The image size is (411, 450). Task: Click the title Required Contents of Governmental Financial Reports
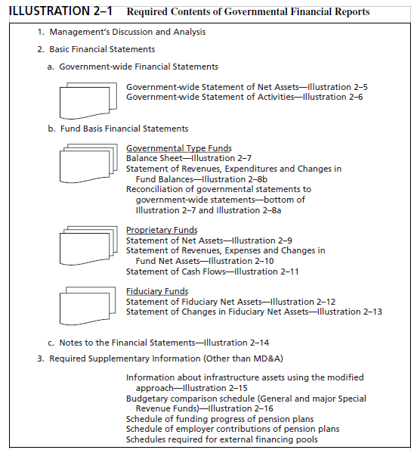click(248, 12)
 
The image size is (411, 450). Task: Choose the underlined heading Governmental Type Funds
click(178, 148)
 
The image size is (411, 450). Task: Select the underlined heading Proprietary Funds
click(162, 230)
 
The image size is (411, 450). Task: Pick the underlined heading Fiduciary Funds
click(157, 291)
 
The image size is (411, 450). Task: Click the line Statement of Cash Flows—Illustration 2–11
click(212, 272)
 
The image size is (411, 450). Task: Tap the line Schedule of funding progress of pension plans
click(219, 419)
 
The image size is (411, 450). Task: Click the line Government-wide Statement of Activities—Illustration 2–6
click(244, 97)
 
